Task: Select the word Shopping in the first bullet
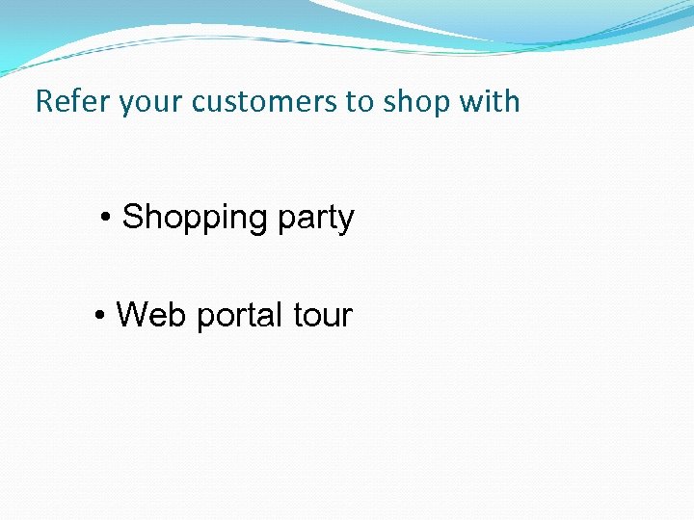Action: [195, 219]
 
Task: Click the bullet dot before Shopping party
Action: [107, 220]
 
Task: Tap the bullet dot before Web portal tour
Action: [101, 316]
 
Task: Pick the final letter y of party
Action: [347, 221]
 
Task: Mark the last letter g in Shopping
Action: [258, 221]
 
